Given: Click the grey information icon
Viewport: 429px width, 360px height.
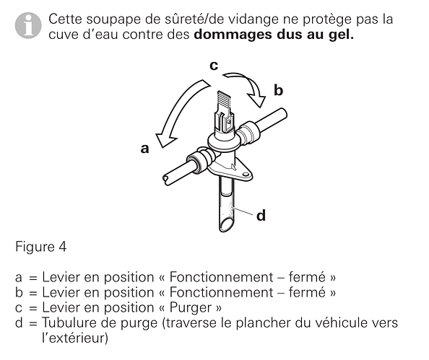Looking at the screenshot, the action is click(x=28, y=25).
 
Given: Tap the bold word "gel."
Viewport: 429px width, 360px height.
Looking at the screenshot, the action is click(x=341, y=35).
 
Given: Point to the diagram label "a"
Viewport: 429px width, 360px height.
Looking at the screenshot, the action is click(x=144, y=149).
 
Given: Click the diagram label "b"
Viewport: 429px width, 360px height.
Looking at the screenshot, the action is click(x=278, y=90).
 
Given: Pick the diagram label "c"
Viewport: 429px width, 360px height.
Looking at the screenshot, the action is click(x=214, y=66).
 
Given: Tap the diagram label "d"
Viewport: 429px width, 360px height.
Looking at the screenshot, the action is click(x=261, y=216).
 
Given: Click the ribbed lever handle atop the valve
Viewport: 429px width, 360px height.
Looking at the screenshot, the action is click(x=224, y=100).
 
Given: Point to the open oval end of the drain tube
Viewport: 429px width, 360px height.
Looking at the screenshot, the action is click(x=227, y=225).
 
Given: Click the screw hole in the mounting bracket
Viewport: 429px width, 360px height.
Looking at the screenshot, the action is click(x=246, y=174).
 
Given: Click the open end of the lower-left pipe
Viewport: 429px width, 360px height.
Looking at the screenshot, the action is click(x=166, y=180).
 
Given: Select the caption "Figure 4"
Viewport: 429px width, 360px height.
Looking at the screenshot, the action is click(x=40, y=247).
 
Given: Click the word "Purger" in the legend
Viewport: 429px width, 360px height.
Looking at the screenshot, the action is click(x=191, y=308).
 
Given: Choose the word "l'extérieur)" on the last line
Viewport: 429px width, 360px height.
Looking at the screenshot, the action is click(x=75, y=338).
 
